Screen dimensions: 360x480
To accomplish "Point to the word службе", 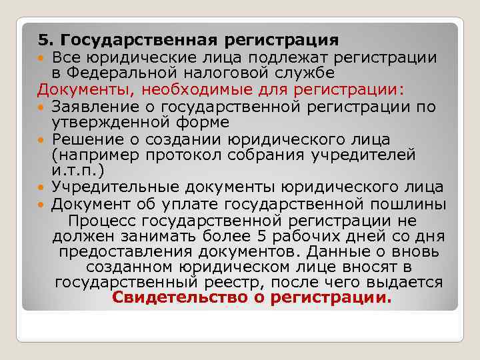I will coord(301,73).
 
